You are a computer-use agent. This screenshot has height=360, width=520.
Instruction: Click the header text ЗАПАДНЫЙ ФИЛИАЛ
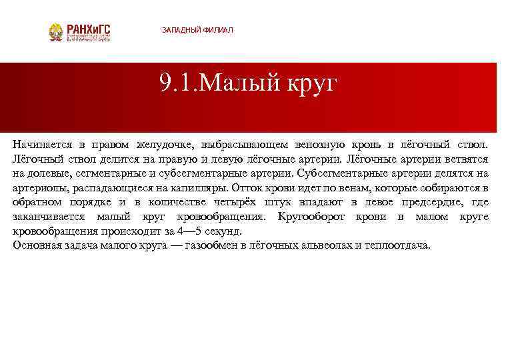(x=197, y=31)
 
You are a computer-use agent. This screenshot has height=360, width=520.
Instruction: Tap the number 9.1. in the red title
(x=178, y=85)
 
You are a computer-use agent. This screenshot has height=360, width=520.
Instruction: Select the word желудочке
(x=164, y=145)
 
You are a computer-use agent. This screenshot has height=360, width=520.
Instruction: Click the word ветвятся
(x=467, y=159)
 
